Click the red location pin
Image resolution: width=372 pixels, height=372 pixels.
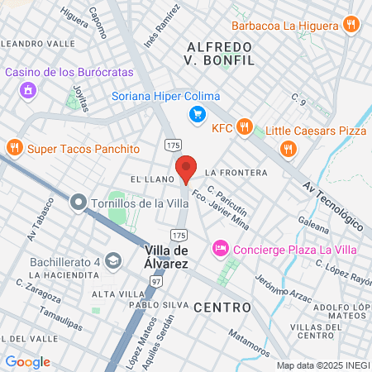point(186,169)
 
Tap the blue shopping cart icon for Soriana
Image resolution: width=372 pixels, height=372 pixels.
point(197,114)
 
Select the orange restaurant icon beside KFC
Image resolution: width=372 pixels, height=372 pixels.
point(244,127)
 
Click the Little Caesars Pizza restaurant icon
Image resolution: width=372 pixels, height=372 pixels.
point(288,149)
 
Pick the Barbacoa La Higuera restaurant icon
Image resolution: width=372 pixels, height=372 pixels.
point(351,24)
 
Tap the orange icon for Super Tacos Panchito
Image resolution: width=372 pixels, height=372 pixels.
point(13,149)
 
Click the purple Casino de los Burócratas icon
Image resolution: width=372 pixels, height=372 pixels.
point(28,89)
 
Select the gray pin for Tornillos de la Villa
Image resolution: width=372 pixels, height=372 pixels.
point(79,203)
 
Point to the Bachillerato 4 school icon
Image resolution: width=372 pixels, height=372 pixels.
point(112,262)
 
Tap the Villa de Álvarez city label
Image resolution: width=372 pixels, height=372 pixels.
point(167,256)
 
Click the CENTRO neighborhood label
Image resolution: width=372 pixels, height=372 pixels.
point(222,308)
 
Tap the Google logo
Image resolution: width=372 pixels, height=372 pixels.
point(27,361)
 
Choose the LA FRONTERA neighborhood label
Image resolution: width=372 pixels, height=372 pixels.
point(236,173)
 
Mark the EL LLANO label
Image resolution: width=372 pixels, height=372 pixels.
point(150,179)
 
